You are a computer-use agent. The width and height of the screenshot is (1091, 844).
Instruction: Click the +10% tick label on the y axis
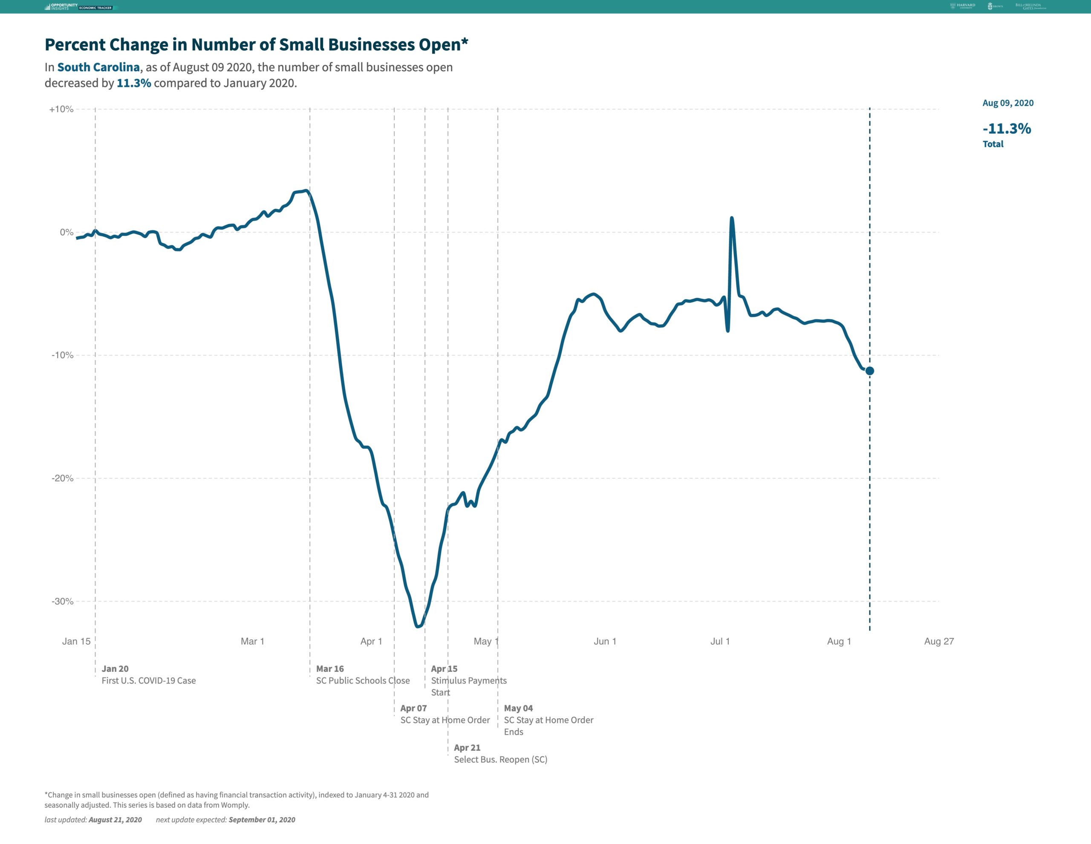tap(61, 109)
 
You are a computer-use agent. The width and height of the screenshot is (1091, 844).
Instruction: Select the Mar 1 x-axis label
tap(252, 641)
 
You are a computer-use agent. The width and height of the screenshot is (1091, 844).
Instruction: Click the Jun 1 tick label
tap(604, 641)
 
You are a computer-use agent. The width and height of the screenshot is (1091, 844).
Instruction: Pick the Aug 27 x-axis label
tap(938, 641)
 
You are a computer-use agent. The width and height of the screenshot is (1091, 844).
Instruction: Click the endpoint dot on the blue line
tap(869, 371)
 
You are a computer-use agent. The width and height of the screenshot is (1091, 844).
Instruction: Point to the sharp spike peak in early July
tap(731, 218)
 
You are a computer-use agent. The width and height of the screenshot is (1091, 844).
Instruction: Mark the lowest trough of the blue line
tap(418, 626)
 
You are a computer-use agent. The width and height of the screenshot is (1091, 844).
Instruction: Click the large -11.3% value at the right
tap(1006, 129)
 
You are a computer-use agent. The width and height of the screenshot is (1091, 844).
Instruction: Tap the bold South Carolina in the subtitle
tap(98, 67)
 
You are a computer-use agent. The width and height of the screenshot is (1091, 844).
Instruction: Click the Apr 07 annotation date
tap(413, 708)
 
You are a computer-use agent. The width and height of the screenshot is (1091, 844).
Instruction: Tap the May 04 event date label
tap(518, 708)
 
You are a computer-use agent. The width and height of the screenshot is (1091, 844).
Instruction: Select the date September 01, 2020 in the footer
tap(262, 820)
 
